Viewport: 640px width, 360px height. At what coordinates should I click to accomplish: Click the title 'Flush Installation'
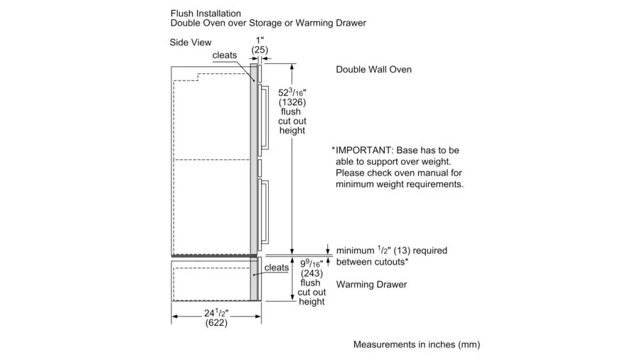pos(206,13)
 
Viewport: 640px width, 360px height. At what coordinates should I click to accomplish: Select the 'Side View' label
pos(191,43)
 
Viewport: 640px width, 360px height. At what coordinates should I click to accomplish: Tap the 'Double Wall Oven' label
pos(373,70)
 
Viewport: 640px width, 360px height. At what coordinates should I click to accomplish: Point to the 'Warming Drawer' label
pos(371,285)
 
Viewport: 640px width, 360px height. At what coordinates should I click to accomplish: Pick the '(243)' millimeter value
pos(311,273)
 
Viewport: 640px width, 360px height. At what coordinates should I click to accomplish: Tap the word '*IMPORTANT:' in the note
pos(360,150)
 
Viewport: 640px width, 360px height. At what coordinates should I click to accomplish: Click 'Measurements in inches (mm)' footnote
pos(417,345)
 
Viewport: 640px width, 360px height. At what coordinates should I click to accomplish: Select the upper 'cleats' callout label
pos(224,55)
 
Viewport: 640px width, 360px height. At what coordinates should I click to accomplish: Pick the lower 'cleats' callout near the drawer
pos(276,268)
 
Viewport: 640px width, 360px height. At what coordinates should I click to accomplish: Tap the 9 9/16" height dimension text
pos(311,263)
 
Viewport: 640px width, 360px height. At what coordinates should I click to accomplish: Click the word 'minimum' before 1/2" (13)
pos(354,251)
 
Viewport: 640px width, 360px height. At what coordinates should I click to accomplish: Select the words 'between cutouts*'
pos(372,263)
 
